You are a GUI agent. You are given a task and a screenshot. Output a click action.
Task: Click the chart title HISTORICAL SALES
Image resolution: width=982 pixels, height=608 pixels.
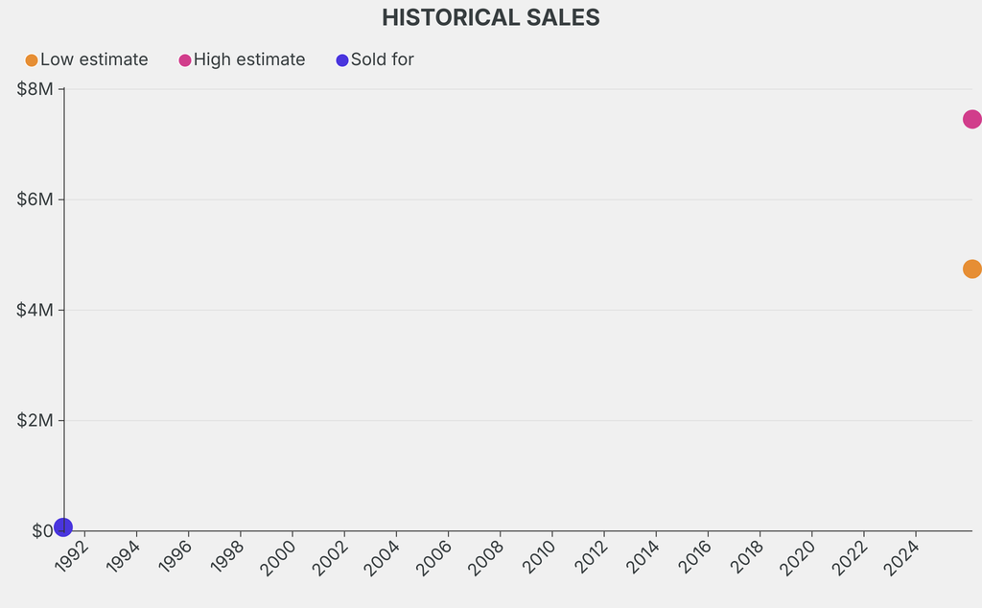tap(490, 17)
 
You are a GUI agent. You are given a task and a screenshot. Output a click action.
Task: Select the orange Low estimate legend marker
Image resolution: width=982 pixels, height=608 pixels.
tap(32, 60)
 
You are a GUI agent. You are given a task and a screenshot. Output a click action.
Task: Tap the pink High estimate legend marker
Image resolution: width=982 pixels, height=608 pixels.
tap(185, 60)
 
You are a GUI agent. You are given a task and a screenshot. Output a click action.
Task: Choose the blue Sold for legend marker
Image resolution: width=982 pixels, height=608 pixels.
tap(342, 60)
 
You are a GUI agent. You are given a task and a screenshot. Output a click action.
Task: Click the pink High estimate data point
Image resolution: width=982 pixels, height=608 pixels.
tap(971, 119)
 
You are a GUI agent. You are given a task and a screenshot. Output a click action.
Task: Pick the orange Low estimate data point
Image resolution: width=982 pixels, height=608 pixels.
tap(971, 269)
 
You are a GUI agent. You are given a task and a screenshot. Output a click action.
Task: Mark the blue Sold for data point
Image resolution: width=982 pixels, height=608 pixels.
tap(63, 526)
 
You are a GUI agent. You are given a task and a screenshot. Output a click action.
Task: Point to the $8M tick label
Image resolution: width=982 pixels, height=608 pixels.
tap(36, 89)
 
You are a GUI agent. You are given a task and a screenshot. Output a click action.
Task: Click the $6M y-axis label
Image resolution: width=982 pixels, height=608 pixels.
tap(36, 199)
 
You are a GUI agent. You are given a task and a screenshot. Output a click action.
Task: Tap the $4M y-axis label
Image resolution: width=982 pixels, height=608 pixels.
tap(36, 310)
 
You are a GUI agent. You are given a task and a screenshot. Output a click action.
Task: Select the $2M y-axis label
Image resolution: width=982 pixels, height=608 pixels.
tap(36, 420)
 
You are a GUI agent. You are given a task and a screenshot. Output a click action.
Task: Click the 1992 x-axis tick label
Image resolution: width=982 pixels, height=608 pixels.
tap(73, 556)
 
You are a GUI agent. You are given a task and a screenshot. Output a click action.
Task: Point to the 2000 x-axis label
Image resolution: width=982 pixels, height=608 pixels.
tap(280, 556)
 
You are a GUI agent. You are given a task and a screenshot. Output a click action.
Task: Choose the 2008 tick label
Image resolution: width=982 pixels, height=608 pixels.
tap(487, 556)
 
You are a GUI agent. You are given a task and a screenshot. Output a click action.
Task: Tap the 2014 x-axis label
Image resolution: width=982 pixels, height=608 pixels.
tap(643, 556)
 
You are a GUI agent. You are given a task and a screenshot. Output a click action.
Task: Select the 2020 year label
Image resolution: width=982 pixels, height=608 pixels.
tap(798, 556)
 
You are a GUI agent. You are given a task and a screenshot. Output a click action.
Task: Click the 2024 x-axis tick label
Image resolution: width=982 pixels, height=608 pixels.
tap(901, 556)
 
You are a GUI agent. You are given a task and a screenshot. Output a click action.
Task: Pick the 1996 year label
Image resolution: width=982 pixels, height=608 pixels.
tap(176, 556)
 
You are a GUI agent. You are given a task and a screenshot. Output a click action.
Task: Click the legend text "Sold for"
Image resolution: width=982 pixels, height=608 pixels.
tap(382, 59)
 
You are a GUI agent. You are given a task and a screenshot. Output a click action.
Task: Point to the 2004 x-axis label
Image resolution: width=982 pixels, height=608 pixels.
tap(384, 556)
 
